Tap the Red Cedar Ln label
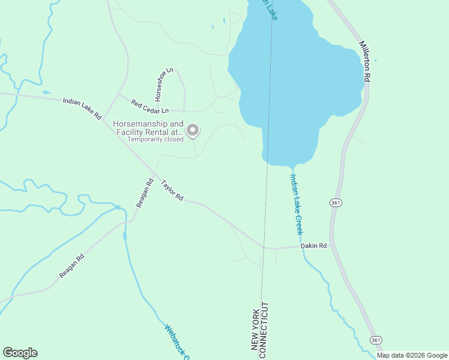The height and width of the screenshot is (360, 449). (150, 106)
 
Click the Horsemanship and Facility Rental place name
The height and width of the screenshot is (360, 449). (148, 128)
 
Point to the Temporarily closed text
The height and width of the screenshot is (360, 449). (155, 139)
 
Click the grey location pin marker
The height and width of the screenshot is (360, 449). (193, 130)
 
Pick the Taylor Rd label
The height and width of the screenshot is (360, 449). (172, 190)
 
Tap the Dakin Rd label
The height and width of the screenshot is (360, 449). (313, 245)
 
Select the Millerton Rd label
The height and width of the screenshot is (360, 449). (365, 61)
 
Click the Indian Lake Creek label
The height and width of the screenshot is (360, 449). (297, 204)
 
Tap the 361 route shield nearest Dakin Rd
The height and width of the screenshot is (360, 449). (336, 203)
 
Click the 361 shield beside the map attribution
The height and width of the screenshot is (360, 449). (376, 340)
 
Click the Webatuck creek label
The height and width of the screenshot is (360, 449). (176, 343)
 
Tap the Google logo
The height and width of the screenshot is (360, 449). (20, 353)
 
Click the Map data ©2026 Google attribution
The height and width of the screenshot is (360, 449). (411, 355)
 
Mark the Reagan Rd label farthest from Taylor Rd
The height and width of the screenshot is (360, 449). (71, 265)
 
